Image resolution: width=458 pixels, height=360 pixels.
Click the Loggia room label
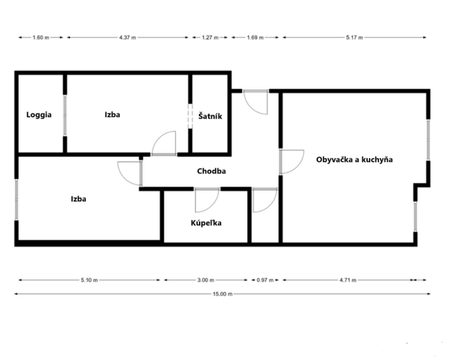tap(39, 115)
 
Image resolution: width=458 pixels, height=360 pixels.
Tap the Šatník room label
tap(210, 116)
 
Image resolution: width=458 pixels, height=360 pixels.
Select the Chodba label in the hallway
tap(211, 171)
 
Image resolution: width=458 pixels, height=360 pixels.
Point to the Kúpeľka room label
tap(206, 223)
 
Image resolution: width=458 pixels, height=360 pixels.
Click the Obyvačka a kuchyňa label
tap(355, 160)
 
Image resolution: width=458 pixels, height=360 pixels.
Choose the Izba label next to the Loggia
tap(112, 115)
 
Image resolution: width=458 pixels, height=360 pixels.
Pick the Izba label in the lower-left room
tap(79, 199)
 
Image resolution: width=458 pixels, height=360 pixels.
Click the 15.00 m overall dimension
tap(222, 294)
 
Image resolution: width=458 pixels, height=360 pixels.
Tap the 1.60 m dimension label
tap(41, 37)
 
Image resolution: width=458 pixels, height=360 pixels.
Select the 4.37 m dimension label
tap(128, 37)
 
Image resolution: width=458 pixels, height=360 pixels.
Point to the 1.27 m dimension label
tap(210, 37)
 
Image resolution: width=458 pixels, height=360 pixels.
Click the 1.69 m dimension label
tap(255, 37)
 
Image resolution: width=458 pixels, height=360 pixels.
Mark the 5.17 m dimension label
tap(355, 37)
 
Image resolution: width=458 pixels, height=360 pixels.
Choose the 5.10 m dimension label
tap(89, 280)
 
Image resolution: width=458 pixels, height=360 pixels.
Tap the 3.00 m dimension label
tap(205, 280)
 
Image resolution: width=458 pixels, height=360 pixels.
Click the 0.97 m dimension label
tap(265, 280)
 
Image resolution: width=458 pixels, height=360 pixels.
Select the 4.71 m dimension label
tap(347, 280)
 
